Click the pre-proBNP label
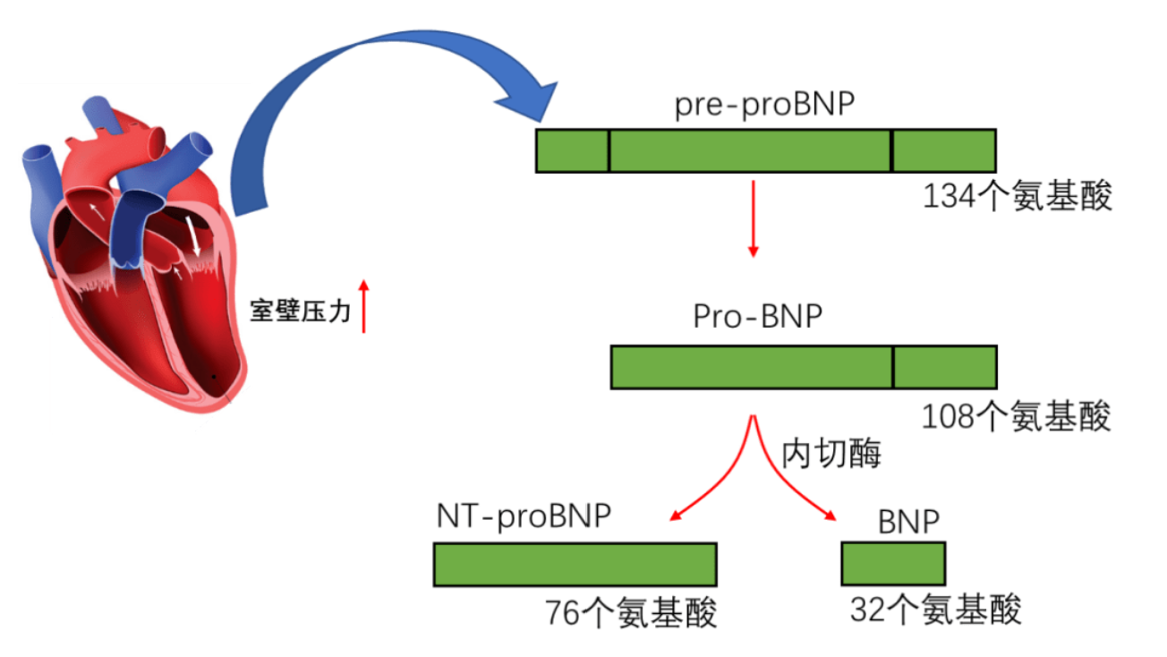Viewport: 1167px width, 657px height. click(764, 106)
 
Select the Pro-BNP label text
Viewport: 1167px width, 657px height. click(757, 317)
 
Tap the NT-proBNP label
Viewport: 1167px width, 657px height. click(524, 516)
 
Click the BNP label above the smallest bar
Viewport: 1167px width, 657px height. click(908, 522)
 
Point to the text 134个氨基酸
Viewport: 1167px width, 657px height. click(1018, 197)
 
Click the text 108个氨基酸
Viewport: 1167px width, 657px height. click(1016, 416)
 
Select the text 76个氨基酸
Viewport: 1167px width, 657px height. click(631, 613)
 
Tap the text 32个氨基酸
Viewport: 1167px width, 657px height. click(935, 610)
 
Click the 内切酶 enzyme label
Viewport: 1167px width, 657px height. click(831, 454)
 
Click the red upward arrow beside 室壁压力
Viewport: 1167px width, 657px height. click(363, 306)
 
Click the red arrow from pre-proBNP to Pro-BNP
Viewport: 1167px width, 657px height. click(753, 218)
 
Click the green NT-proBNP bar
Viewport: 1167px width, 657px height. click(575, 565)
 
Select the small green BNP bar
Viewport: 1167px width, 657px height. click(893, 563)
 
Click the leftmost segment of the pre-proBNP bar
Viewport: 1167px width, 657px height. click(573, 150)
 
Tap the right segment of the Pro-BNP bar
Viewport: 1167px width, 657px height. click(945, 367)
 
